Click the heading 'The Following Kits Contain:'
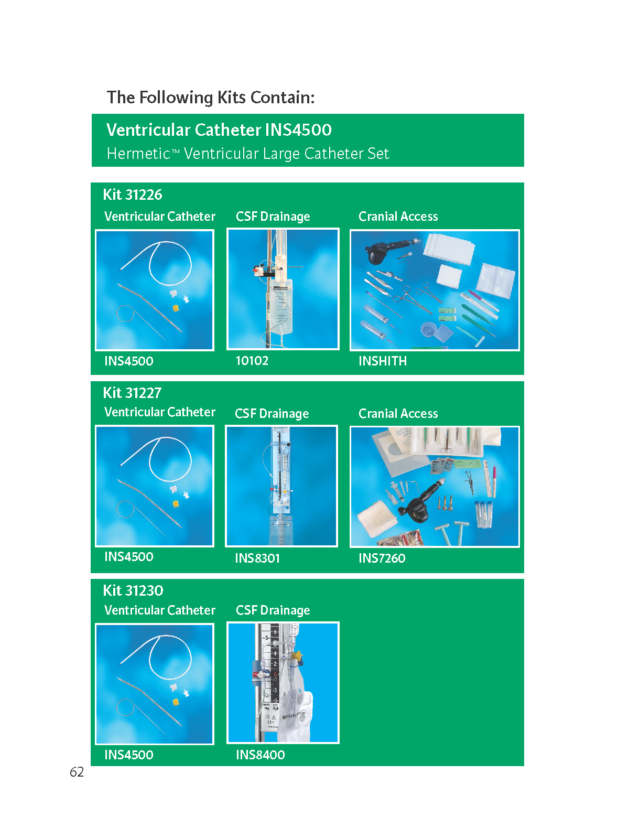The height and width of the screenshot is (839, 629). point(210,98)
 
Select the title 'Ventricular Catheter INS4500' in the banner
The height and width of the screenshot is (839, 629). point(219,130)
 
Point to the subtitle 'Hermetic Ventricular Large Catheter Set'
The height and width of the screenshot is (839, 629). point(247,154)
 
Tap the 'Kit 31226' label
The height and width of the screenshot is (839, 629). point(133,195)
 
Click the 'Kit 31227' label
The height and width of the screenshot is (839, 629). point(132,393)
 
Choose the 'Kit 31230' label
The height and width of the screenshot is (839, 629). point(133,590)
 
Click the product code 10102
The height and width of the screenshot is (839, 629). point(252,360)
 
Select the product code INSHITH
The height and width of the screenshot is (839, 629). point(383,361)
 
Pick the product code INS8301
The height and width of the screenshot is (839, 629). point(257,558)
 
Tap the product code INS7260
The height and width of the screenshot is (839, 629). point(382,558)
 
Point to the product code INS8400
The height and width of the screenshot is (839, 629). point(261,755)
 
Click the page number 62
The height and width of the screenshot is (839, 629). point(77,772)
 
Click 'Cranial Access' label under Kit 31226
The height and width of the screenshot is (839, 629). point(398,217)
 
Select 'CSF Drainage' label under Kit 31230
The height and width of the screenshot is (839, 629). point(273,610)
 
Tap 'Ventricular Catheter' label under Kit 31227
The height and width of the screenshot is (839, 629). point(160,412)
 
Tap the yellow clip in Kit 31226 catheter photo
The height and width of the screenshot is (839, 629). point(176,308)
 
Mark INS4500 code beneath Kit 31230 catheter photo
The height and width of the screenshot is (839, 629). point(129,755)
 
